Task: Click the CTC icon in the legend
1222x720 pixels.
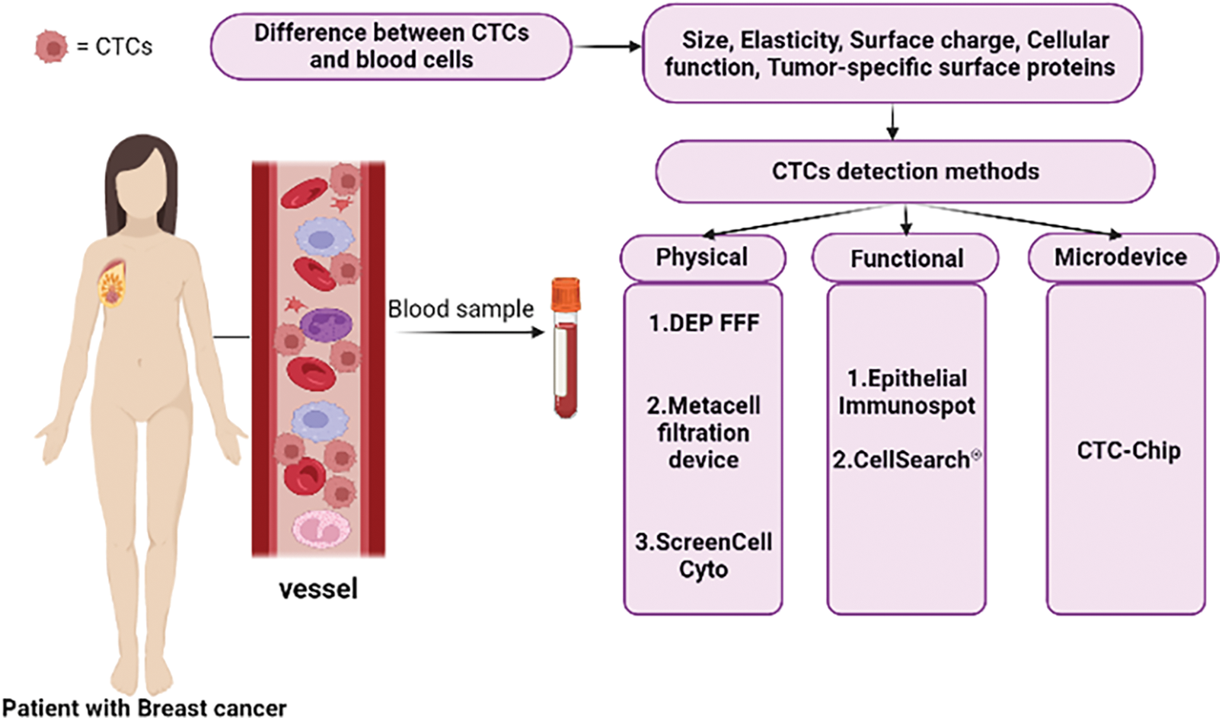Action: tap(51, 46)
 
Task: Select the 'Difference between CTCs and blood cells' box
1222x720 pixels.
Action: tap(391, 46)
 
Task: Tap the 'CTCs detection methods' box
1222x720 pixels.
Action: tap(905, 171)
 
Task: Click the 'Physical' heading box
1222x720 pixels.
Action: tap(702, 257)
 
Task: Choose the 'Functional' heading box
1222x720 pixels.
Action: tap(906, 259)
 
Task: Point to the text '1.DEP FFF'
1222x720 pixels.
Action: tap(704, 323)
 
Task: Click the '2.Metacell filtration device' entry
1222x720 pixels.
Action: tap(704, 432)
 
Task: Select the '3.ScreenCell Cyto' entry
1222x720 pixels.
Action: tap(704, 555)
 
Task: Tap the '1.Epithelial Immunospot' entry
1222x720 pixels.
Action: tap(906, 391)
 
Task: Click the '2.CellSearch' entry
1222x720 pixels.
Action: tap(902, 460)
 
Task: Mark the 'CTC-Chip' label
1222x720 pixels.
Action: tap(1128, 451)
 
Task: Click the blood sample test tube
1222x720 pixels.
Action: tap(566, 358)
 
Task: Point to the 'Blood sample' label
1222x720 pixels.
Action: tap(461, 309)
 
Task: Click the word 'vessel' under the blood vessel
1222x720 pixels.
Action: tap(318, 589)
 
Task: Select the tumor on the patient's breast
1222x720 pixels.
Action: tap(113, 285)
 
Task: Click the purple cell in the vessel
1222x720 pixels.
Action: tap(326, 325)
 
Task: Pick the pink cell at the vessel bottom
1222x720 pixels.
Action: tap(321, 529)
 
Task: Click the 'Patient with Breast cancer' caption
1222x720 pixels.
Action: tap(145, 708)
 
